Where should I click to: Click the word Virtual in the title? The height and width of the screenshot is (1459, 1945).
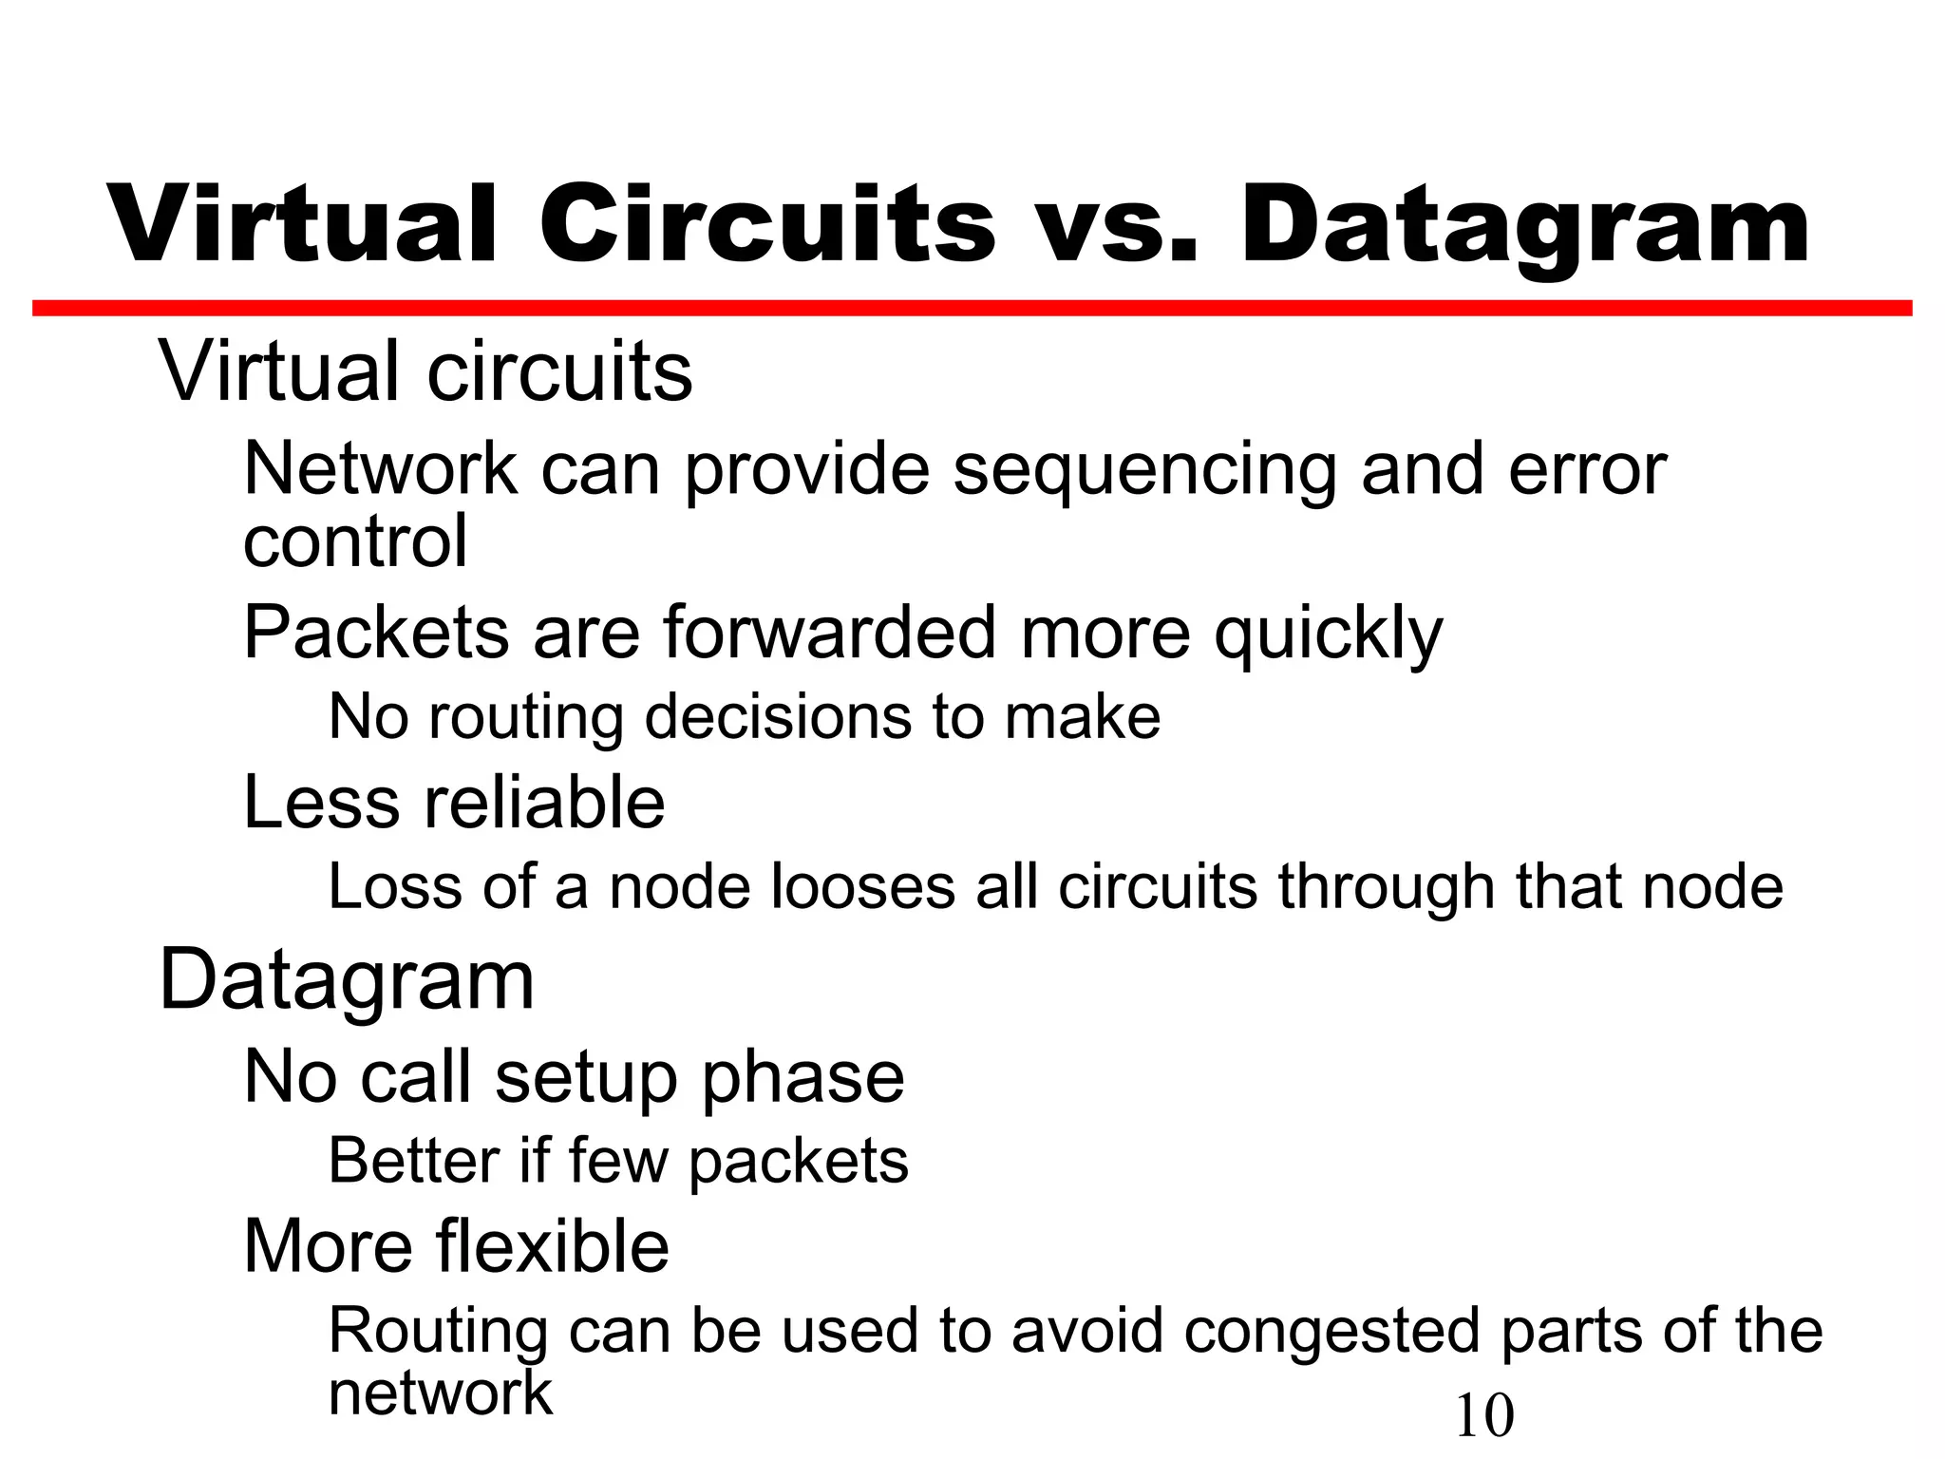[x=302, y=224]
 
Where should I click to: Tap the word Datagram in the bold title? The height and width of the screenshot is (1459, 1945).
[x=1523, y=224]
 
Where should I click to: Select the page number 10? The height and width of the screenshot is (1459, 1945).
[x=1484, y=1416]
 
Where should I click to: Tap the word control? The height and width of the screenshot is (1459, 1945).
[x=355, y=541]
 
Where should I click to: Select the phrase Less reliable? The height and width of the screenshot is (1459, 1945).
[x=454, y=802]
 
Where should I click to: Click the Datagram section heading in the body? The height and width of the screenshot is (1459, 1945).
[x=347, y=980]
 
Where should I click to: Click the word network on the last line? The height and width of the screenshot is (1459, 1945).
[x=440, y=1393]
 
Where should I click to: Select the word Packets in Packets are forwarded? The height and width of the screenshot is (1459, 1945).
[x=376, y=633]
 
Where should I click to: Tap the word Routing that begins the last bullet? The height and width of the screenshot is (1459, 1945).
[x=438, y=1332]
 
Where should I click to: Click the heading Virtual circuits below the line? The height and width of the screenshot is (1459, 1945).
[x=425, y=370]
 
